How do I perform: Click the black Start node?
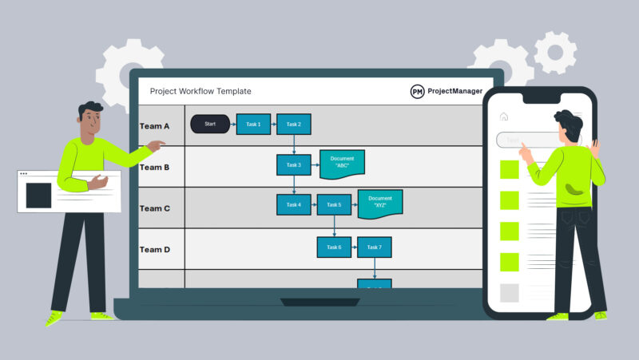(x=210, y=124)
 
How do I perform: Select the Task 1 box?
(x=253, y=124)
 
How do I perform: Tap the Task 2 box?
(x=294, y=124)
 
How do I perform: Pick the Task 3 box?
(x=294, y=165)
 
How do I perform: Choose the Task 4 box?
(x=294, y=204)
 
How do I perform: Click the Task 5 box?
(x=334, y=204)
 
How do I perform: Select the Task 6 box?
(x=334, y=247)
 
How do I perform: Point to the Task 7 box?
(x=375, y=247)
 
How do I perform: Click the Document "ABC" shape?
(x=342, y=164)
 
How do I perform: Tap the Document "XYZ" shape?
(x=380, y=203)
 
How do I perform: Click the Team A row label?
(x=155, y=126)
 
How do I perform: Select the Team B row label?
(x=155, y=168)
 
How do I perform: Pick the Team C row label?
(x=155, y=208)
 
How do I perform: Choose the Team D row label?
(x=155, y=250)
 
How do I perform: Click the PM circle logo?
(x=417, y=92)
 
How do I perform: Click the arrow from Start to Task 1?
(x=232, y=124)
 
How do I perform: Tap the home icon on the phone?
(x=504, y=117)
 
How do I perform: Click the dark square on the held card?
(x=38, y=196)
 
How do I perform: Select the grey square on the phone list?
(x=509, y=293)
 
